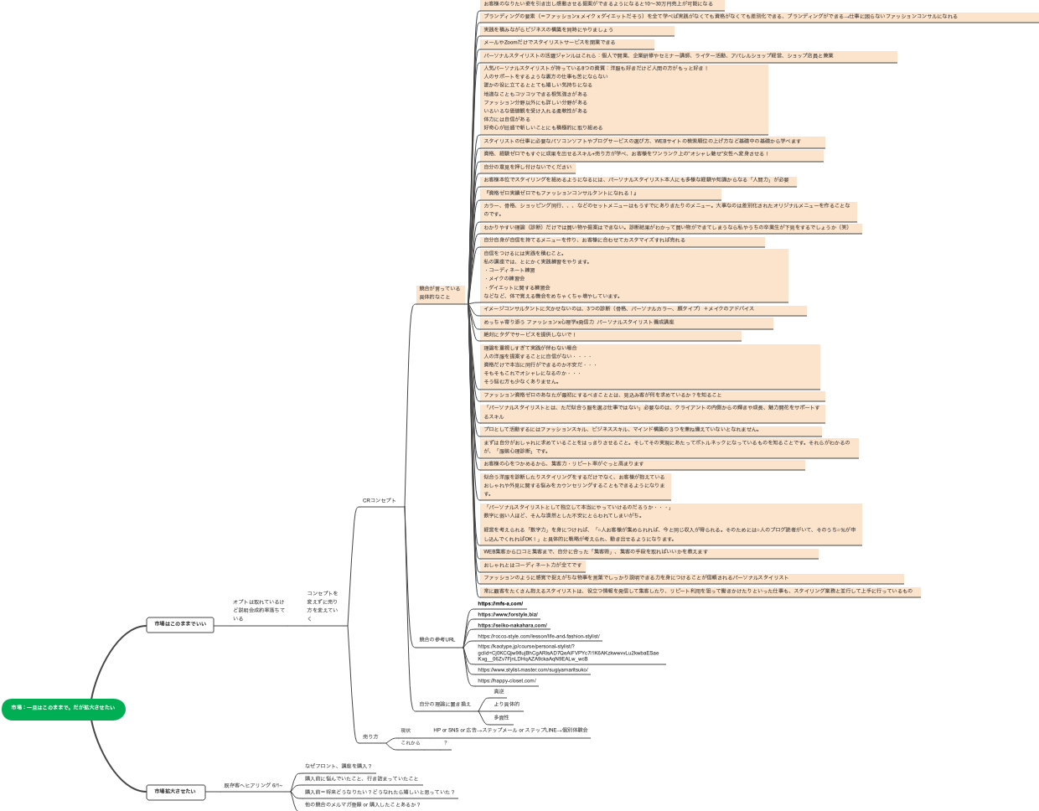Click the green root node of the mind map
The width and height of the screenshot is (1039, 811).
[x=63, y=709]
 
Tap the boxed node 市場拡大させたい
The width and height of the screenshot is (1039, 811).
[x=175, y=792]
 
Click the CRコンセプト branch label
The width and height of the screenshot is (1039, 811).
[x=379, y=501]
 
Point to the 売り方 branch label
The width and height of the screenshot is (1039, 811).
[x=370, y=736]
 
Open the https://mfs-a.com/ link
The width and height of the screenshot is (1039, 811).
[x=500, y=604]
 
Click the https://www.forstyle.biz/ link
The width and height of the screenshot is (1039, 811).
[x=508, y=615]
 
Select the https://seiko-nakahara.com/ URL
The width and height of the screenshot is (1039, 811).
[x=512, y=626]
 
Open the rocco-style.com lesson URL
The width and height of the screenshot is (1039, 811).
[x=539, y=637]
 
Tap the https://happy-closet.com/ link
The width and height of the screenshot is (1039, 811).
[x=507, y=681]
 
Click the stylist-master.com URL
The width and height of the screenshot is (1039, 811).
[x=533, y=670]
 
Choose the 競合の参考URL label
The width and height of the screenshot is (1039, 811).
[x=437, y=640]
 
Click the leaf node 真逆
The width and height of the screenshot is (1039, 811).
[x=499, y=692]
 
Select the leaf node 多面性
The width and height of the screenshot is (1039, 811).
[x=501, y=718]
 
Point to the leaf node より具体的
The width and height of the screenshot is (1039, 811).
[x=506, y=705]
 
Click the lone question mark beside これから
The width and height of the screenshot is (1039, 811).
[x=446, y=743]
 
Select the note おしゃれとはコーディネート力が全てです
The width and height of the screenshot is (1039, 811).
[x=533, y=566]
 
